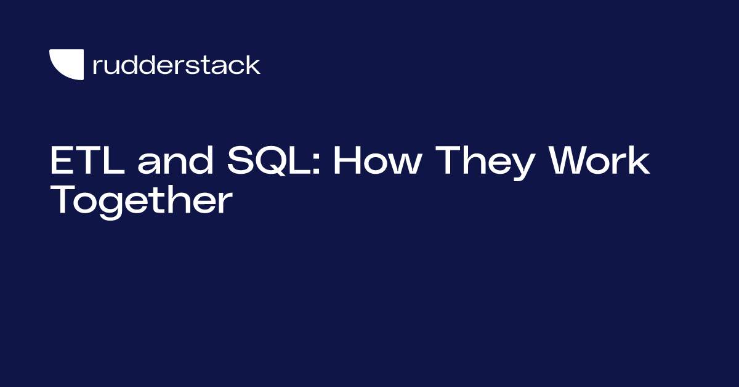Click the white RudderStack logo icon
(x=67, y=65)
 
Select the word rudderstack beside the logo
(x=176, y=65)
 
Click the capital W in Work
(x=573, y=161)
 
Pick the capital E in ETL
(x=62, y=161)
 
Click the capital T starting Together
(x=63, y=200)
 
